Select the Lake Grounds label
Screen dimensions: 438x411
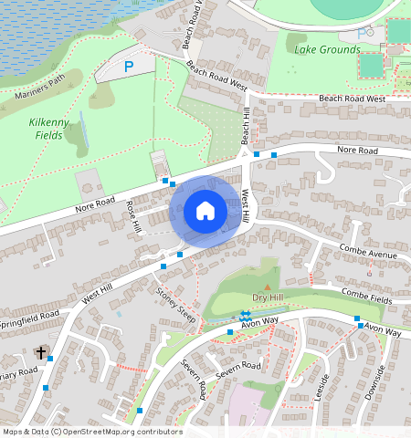[327, 49]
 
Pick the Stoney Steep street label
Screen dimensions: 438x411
[176, 306]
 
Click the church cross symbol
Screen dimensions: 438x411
[41, 352]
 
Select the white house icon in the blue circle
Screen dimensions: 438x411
[205, 211]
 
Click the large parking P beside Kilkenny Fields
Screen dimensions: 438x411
[129, 66]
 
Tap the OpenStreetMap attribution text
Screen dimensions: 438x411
[91, 432]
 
